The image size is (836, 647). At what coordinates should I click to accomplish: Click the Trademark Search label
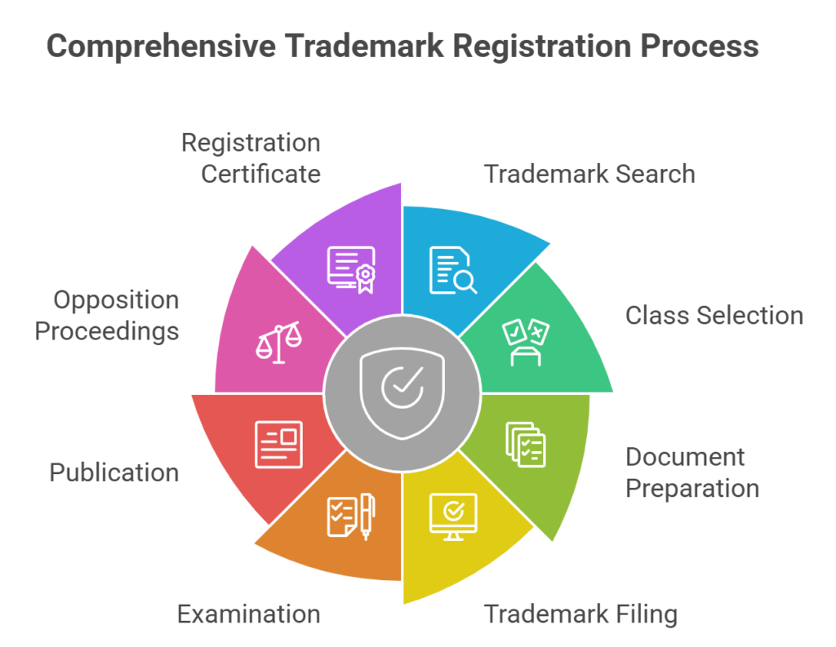pyautogui.click(x=589, y=174)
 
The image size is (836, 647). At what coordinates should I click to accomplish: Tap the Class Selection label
pyautogui.click(x=714, y=315)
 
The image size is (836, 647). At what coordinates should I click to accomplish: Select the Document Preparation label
pyautogui.click(x=692, y=472)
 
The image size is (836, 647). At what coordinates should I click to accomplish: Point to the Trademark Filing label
pyautogui.click(x=580, y=614)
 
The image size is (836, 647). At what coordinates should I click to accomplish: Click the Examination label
pyautogui.click(x=248, y=614)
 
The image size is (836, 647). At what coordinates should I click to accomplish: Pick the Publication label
pyautogui.click(x=114, y=472)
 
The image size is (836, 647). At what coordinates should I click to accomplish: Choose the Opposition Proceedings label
pyautogui.click(x=106, y=315)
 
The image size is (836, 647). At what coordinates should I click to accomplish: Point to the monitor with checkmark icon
pyautogui.click(x=453, y=513)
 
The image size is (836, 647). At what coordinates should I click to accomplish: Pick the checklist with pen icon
pyautogui.click(x=351, y=516)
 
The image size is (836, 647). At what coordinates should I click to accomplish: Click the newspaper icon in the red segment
pyautogui.click(x=279, y=444)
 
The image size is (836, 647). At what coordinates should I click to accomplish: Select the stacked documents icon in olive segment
pyautogui.click(x=526, y=444)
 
